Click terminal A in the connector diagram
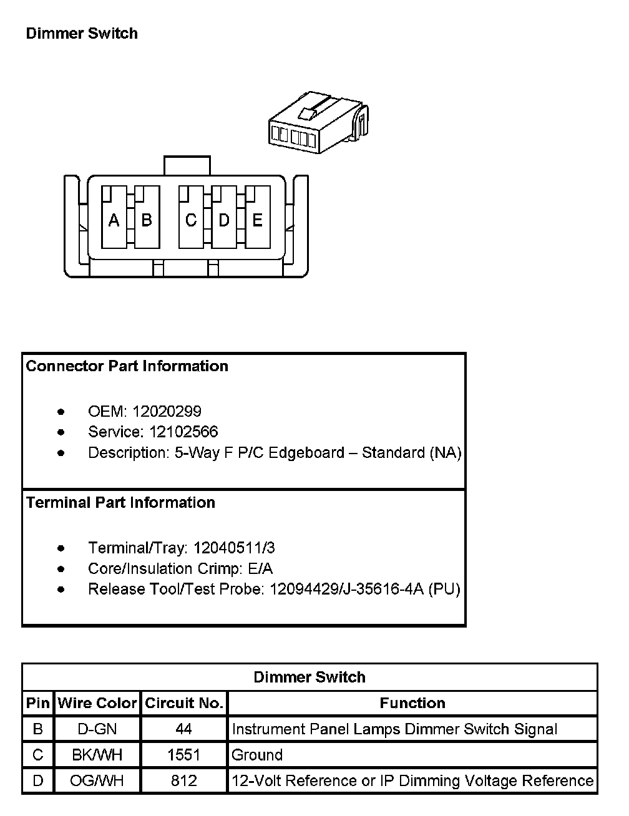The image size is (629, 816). (114, 220)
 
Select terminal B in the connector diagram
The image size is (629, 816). (147, 220)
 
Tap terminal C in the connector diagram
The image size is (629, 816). (191, 220)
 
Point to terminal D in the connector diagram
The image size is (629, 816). (224, 220)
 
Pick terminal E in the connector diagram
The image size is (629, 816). (257, 220)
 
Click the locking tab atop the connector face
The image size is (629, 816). (187, 165)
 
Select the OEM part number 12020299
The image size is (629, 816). (167, 411)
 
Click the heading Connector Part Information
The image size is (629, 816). (127, 366)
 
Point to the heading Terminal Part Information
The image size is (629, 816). (120, 503)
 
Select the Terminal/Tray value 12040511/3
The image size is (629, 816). (234, 548)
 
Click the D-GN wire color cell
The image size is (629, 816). (97, 729)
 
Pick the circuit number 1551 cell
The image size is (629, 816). (183, 755)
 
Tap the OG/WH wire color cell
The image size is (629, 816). (97, 780)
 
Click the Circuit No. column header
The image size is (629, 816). (183, 703)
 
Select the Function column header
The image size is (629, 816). (412, 703)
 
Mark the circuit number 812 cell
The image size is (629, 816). (183, 780)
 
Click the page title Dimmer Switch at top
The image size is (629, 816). (82, 33)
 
